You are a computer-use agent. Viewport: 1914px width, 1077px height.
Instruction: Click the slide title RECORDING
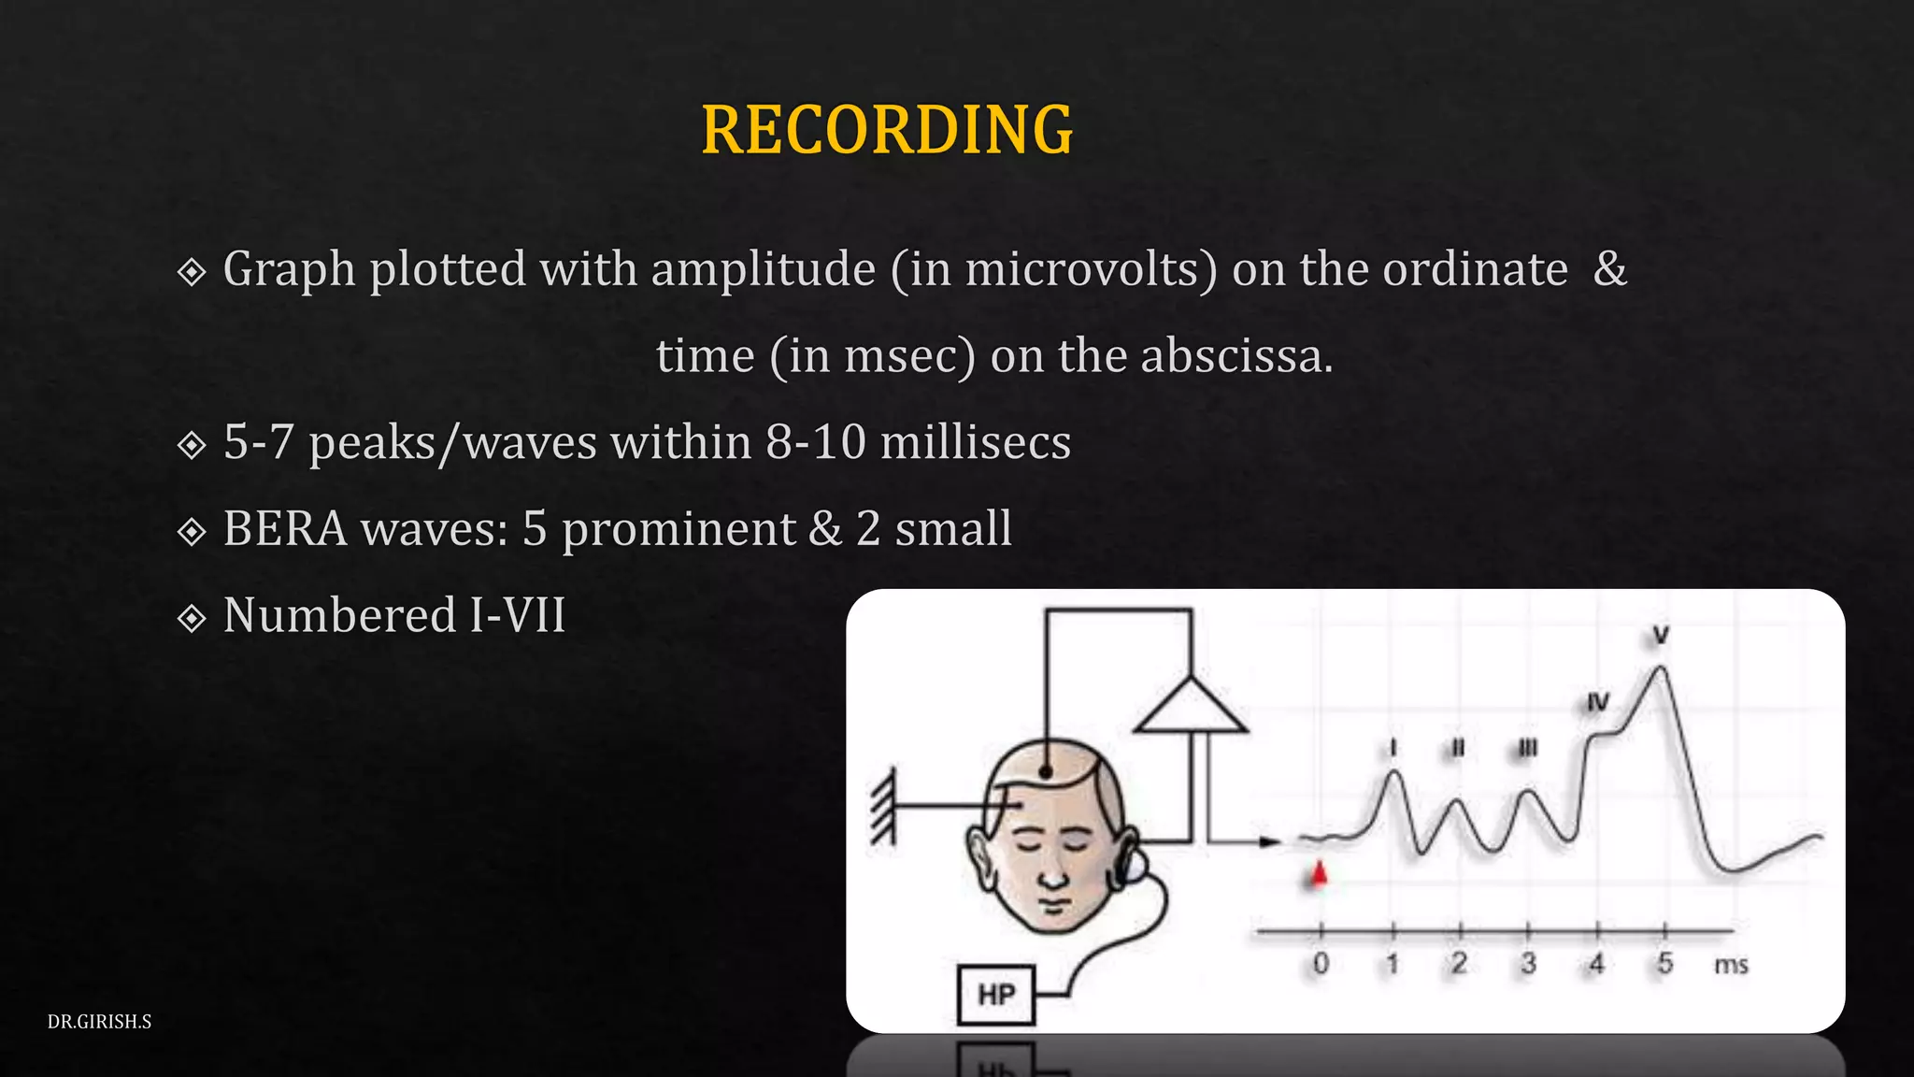887,130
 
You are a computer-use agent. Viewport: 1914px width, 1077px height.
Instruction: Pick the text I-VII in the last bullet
518,616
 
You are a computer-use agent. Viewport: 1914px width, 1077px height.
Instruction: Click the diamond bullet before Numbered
192,618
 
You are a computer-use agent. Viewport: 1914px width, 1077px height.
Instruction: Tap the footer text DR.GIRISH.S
99,1022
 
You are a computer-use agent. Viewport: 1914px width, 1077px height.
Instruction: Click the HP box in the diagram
996,995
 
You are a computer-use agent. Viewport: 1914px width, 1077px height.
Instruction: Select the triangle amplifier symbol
1190,708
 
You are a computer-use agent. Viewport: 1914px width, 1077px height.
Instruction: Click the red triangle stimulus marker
1319,874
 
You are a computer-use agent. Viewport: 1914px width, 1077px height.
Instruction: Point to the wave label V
1661,636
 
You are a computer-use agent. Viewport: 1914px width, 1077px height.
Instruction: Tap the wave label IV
1598,702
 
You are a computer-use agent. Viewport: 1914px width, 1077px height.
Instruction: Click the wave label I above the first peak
1393,748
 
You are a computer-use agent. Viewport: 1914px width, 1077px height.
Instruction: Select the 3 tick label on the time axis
1528,964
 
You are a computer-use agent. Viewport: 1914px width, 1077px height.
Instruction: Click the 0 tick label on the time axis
1321,964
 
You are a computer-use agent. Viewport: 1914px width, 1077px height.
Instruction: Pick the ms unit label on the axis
1731,965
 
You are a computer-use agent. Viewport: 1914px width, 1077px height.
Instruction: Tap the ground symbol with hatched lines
883,805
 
